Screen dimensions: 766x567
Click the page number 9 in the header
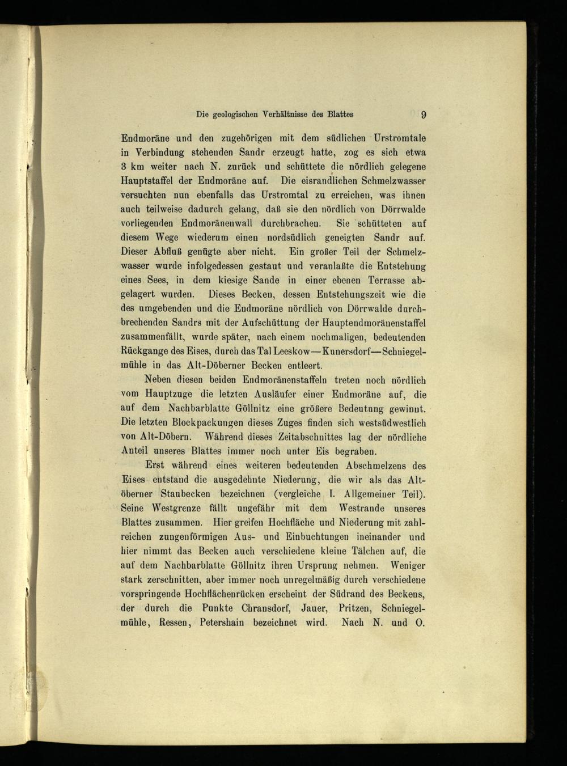pyautogui.click(x=423, y=115)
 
